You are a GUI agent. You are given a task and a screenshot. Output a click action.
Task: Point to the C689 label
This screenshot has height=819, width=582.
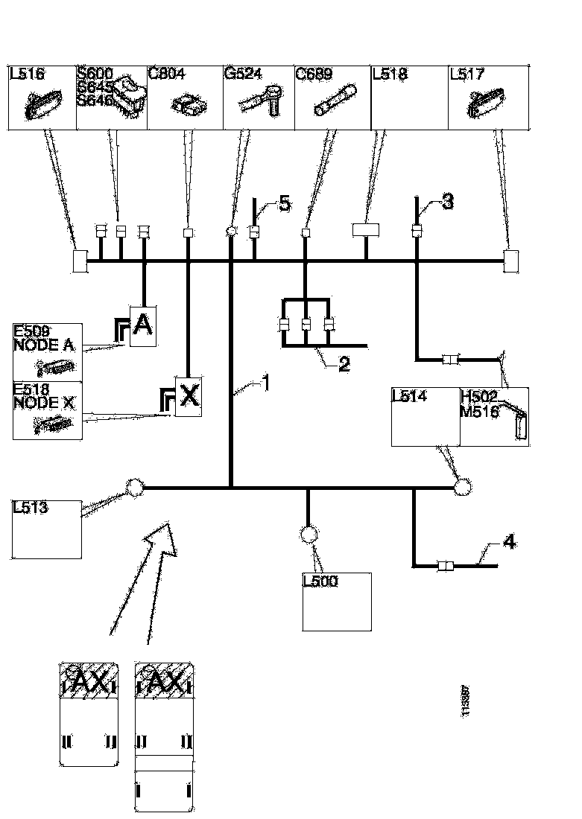[x=314, y=74]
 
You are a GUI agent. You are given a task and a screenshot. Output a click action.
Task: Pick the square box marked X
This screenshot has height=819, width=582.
[x=189, y=395]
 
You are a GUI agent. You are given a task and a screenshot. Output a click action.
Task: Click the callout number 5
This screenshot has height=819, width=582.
[x=284, y=204]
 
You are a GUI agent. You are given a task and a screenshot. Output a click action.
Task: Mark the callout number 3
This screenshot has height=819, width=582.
[x=447, y=202]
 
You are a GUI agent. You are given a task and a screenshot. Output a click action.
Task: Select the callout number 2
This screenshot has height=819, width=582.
[x=344, y=364]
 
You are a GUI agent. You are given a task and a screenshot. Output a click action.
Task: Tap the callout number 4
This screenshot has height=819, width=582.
[x=509, y=542]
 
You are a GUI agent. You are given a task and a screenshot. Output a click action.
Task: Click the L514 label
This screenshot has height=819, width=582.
[x=409, y=396]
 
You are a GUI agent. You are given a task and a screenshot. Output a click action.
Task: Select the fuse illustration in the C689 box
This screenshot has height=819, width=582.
[x=335, y=100]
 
